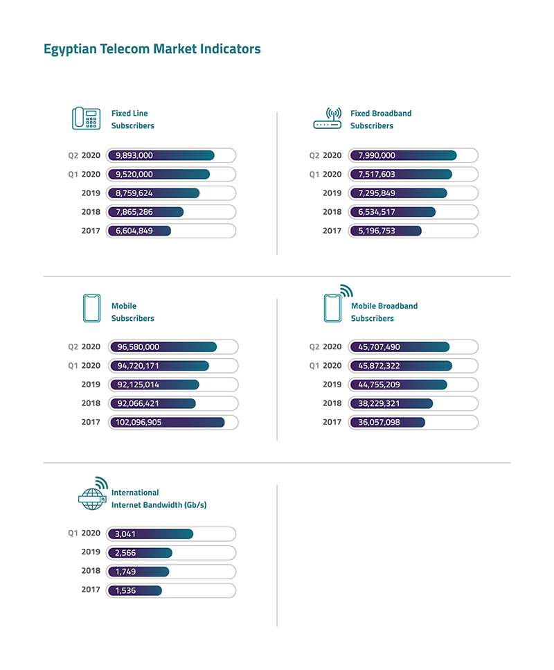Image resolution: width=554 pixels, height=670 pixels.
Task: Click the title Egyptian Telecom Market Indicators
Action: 152,49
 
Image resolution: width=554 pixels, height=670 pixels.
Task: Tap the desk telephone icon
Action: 87,118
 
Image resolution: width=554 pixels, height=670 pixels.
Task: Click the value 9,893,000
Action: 134,156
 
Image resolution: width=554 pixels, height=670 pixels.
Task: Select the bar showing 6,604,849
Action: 138,231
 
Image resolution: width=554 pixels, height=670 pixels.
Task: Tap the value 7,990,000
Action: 377,156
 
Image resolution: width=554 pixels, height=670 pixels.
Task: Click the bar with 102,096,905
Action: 166,422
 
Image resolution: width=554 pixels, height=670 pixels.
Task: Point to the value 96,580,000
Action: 137,347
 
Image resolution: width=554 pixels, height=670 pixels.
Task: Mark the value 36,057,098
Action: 379,422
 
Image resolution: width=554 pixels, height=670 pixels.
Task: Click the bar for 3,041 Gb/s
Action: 150,534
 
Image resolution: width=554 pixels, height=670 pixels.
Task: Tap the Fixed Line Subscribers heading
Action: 132,119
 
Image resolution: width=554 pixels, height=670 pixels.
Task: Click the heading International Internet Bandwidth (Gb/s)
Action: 159,499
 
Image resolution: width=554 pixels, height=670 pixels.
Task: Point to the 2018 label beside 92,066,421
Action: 90,403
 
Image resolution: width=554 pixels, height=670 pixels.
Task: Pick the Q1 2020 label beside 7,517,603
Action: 325,175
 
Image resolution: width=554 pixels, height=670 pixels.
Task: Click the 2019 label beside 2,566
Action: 90,553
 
